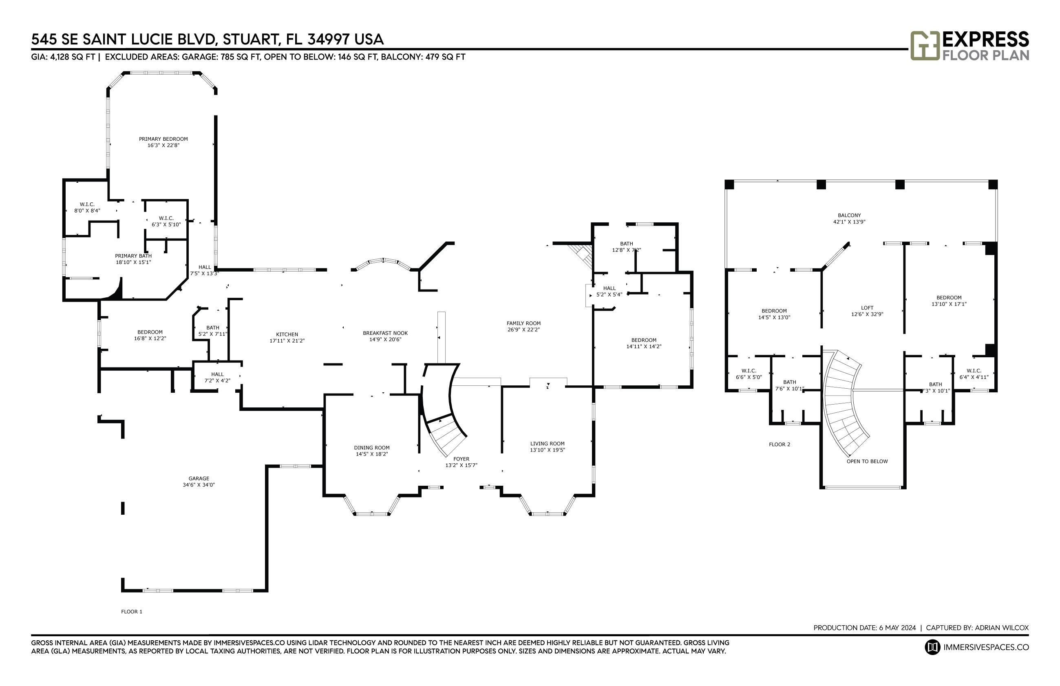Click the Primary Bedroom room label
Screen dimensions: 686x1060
pos(163,139)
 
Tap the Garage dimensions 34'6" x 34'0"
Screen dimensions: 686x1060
pos(199,485)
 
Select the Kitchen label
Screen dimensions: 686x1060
pos(287,334)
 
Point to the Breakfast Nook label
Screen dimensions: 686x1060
pos(385,333)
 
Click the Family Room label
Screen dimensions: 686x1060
pos(523,323)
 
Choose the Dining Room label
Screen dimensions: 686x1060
pos(371,448)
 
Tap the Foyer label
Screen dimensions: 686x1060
pos(461,459)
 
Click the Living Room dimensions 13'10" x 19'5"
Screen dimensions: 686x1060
pos(547,450)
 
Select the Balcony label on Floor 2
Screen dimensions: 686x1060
pos(849,215)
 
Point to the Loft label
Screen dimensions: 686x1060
pos(867,308)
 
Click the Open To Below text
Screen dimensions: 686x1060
pos(867,461)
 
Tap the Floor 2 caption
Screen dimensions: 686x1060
pos(780,444)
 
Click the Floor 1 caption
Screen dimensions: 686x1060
pos(132,612)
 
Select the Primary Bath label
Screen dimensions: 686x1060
pos(133,256)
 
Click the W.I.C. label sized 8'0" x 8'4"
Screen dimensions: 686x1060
pos(87,204)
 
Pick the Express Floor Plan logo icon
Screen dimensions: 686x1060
pos(925,45)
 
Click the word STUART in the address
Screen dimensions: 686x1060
pos(251,40)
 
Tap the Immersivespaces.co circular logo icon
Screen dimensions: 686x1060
pos(932,647)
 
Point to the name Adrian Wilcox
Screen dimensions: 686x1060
pos(1001,628)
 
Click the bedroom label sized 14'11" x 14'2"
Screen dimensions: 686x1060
pos(643,340)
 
